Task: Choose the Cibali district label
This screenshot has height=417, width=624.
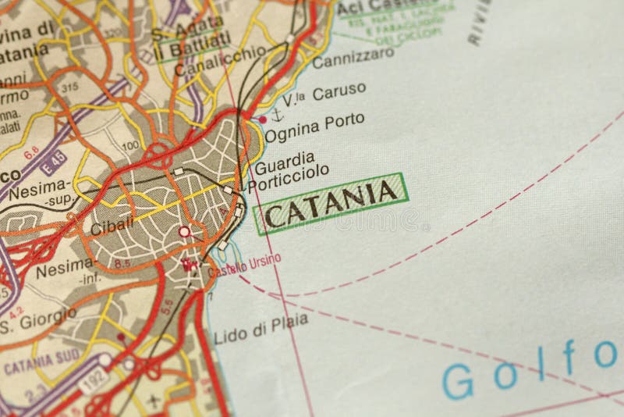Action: coord(108,228)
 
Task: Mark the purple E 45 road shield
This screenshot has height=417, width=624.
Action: coord(53,166)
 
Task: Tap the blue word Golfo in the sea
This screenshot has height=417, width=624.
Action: coord(532,369)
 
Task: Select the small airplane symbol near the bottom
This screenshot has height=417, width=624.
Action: coord(153,401)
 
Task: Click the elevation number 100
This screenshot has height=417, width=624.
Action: coord(130,144)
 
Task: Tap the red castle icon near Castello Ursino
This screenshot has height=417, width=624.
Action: coord(187,266)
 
